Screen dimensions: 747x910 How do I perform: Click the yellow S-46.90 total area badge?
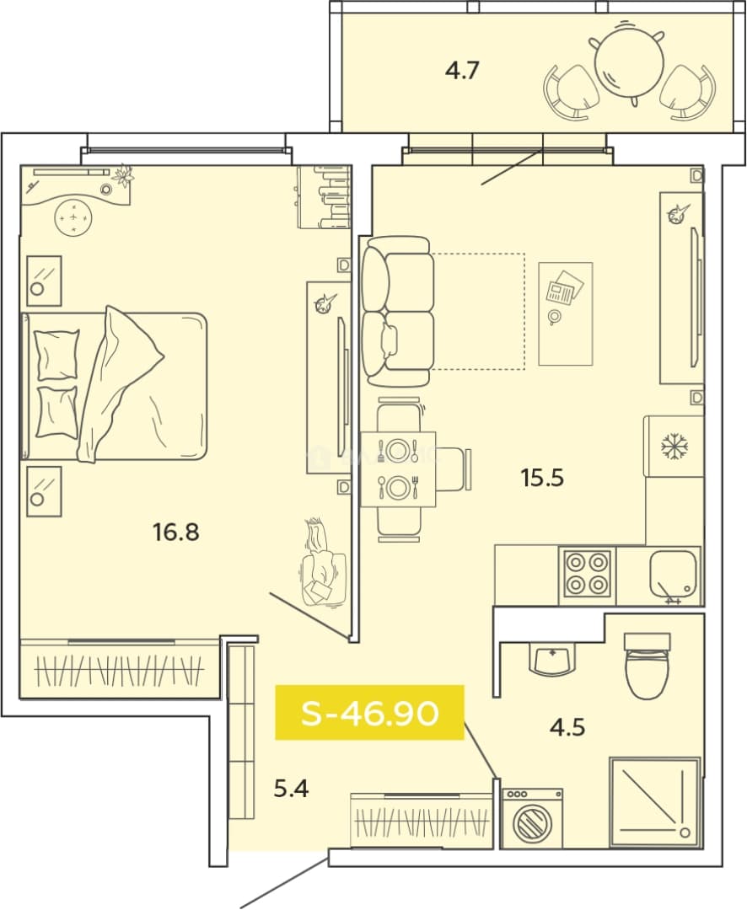[x=369, y=713]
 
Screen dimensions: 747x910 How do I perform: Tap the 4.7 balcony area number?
[x=462, y=71]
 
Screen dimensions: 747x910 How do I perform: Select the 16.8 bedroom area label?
[x=175, y=532]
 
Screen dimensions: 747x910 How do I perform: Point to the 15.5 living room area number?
[x=542, y=479]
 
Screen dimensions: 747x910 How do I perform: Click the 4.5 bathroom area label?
[x=567, y=726]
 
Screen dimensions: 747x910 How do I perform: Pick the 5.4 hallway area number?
[x=291, y=789]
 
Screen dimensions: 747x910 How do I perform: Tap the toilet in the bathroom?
[x=647, y=665]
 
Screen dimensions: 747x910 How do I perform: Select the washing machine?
[x=531, y=818]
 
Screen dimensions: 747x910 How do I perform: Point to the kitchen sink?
[x=673, y=575]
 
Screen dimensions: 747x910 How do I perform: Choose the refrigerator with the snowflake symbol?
[x=674, y=447]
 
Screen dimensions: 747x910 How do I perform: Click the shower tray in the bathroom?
[x=654, y=801]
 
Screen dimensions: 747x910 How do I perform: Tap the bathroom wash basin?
[x=552, y=659]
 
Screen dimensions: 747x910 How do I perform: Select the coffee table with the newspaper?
[x=565, y=313]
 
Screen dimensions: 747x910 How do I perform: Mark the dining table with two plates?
[x=398, y=469]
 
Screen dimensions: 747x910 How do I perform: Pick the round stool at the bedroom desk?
[x=73, y=217]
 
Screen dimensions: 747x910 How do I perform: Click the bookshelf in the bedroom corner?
[x=324, y=196]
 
